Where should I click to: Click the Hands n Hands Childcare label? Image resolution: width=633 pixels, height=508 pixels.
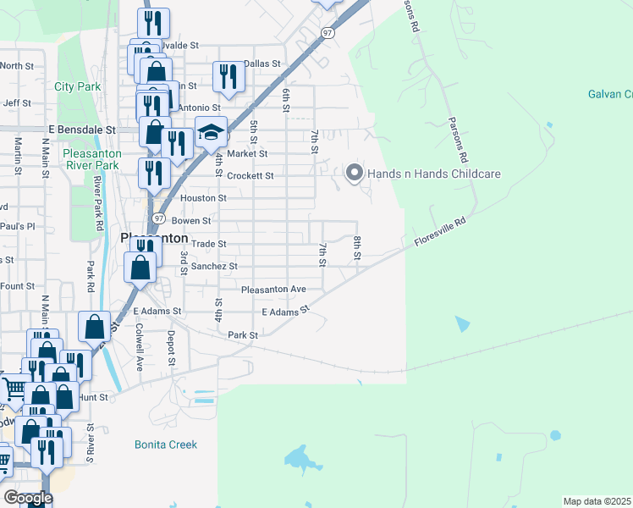coord(435,174)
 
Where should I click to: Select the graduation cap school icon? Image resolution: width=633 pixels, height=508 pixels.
coord(212,133)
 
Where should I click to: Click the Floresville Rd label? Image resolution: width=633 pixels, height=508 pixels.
coord(440,235)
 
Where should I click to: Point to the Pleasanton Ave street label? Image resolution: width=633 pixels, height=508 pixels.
coord(273,290)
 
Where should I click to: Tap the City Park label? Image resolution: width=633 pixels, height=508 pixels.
coord(77,86)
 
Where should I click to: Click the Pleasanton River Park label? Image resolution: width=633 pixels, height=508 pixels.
coord(92,159)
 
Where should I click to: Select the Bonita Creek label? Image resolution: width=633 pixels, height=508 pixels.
coord(166,444)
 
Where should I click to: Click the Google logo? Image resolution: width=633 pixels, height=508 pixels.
coord(28,498)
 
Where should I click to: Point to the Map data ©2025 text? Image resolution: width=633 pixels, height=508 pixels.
coord(597,501)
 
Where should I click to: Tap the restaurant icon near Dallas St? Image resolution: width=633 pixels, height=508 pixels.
coord(228,77)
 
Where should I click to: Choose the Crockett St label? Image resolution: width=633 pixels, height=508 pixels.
coord(250,176)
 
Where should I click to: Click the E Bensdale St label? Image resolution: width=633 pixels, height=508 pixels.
coord(81,130)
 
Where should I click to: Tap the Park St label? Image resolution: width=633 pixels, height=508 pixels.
coord(243,335)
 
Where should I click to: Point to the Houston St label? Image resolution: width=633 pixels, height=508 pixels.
coord(204,198)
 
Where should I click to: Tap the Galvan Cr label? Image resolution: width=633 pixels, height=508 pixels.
coord(610,94)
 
